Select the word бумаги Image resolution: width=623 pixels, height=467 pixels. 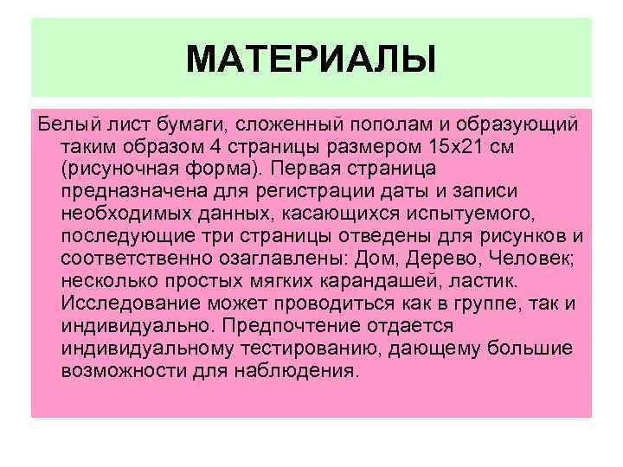pyautogui.click(x=183, y=124)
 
